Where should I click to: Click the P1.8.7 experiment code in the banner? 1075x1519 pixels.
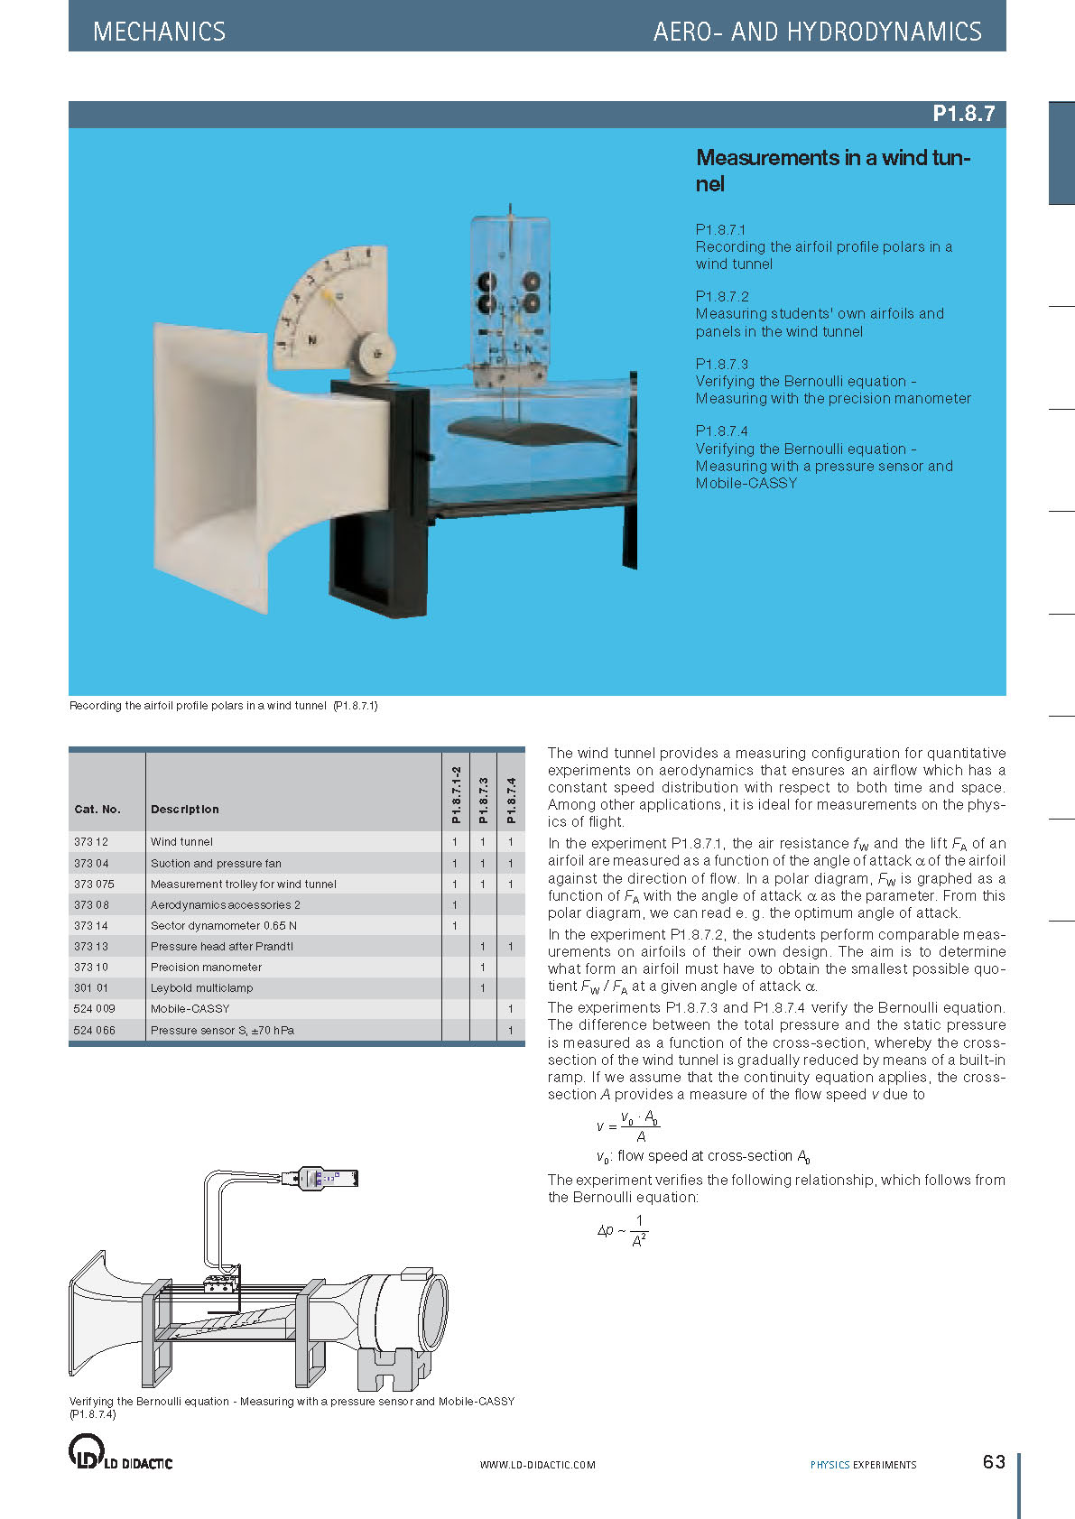click(x=963, y=114)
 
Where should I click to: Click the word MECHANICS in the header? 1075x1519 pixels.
click(x=159, y=32)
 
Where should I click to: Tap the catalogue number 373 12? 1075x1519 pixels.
click(x=91, y=841)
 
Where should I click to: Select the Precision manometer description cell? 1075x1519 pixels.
click(x=206, y=967)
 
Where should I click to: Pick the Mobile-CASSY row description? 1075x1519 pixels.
click(x=190, y=1008)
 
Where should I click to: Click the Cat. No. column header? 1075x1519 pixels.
click(x=97, y=809)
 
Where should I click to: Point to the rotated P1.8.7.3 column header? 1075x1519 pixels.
click(x=483, y=801)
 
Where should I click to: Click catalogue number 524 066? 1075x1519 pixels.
click(x=95, y=1030)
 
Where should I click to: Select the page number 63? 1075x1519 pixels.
click(x=994, y=1461)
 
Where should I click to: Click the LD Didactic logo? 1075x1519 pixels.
click(x=120, y=1453)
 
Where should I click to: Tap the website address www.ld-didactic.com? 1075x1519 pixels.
click(x=537, y=1465)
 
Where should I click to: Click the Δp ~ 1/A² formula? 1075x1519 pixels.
click(x=623, y=1231)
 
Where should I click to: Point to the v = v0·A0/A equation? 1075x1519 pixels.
click(x=628, y=1126)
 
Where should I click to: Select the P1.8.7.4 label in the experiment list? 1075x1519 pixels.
click(x=721, y=431)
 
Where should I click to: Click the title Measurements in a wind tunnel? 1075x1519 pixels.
click(x=832, y=170)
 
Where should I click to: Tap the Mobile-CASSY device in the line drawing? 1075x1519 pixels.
click(x=320, y=1178)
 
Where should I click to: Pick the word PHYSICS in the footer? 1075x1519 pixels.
click(x=829, y=1465)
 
